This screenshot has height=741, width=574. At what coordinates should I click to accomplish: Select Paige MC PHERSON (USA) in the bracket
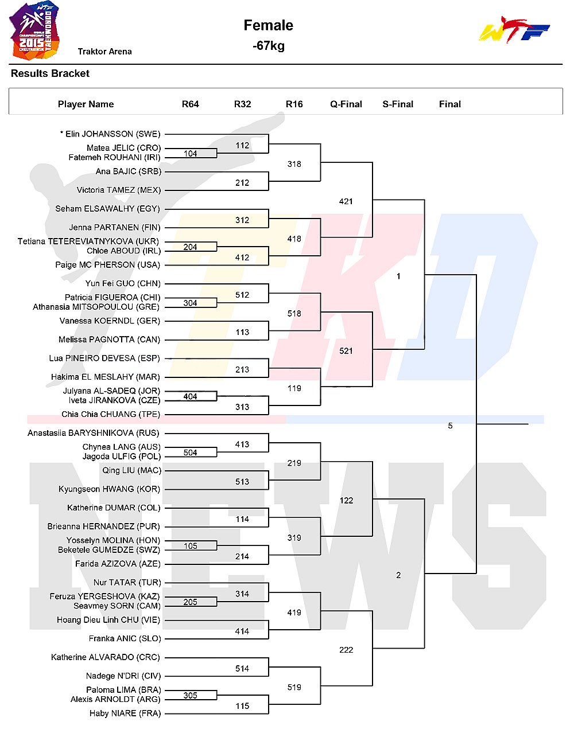[107, 265]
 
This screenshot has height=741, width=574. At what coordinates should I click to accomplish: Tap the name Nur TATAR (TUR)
[127, 583]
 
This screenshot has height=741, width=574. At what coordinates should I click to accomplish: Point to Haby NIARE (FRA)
[125, 713]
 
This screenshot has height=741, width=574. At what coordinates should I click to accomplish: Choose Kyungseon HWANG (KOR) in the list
[109, 489]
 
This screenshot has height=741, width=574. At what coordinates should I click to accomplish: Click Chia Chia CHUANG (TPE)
[111, 414]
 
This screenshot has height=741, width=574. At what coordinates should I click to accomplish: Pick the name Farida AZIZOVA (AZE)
[118, 564]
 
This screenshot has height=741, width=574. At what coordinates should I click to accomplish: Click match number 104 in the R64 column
[190, 154]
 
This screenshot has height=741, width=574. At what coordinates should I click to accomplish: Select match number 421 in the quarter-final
[346, 201]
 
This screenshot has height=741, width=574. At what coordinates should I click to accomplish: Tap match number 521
[346, 351]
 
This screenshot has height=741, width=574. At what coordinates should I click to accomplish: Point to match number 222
[346, 650]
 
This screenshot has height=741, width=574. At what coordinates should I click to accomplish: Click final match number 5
[450, 426]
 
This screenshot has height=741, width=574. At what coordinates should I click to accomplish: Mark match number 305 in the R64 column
[190, 695]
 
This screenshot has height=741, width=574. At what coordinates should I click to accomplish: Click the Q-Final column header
[346, 104]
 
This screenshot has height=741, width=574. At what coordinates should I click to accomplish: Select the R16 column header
[294, 104]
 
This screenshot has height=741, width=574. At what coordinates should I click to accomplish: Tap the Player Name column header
[86, 104]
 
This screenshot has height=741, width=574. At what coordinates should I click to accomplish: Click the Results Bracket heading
[50, 73]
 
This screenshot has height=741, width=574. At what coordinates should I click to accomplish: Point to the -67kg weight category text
[269, 46]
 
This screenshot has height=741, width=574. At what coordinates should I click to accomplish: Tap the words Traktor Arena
[105, 52]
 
